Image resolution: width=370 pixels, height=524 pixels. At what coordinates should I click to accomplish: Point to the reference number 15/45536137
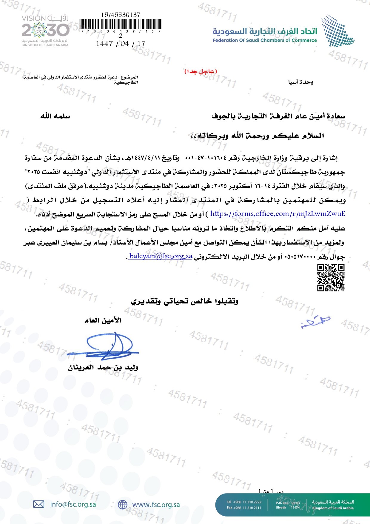(x=121, y=15)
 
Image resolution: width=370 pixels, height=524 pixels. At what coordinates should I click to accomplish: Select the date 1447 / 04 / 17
(x=121, y=44)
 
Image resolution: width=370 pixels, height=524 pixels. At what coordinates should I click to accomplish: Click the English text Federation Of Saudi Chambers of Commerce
(x=265, y=40)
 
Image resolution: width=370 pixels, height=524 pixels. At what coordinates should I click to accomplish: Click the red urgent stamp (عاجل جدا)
(x=201, y=71)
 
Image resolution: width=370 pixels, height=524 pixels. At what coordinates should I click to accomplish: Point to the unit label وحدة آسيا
(x=300, y=82)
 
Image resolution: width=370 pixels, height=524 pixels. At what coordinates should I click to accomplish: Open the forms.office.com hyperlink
(x=277, y=214)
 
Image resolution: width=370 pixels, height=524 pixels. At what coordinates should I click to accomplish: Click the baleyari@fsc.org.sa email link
(x=161, y=256)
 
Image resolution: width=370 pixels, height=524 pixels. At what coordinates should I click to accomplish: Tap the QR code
(x=331, y=278)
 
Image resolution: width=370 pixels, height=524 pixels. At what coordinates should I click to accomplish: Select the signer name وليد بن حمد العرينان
(x=103, y=367)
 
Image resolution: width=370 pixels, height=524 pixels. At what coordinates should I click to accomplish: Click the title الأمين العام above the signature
(x=103, y=320)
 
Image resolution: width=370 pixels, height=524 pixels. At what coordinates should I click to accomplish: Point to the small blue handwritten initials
(x=315, y=322)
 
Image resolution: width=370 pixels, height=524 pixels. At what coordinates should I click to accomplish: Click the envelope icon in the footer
(x=38, y=504)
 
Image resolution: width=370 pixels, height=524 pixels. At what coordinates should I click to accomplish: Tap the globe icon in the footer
(x=122, y=505)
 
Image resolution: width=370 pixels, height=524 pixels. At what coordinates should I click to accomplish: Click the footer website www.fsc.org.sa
(x=156, y=505)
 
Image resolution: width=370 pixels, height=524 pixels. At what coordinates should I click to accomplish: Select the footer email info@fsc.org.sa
(x=73, y=504)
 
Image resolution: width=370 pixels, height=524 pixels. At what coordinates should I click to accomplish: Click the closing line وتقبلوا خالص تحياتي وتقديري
(x=185, y=301)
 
